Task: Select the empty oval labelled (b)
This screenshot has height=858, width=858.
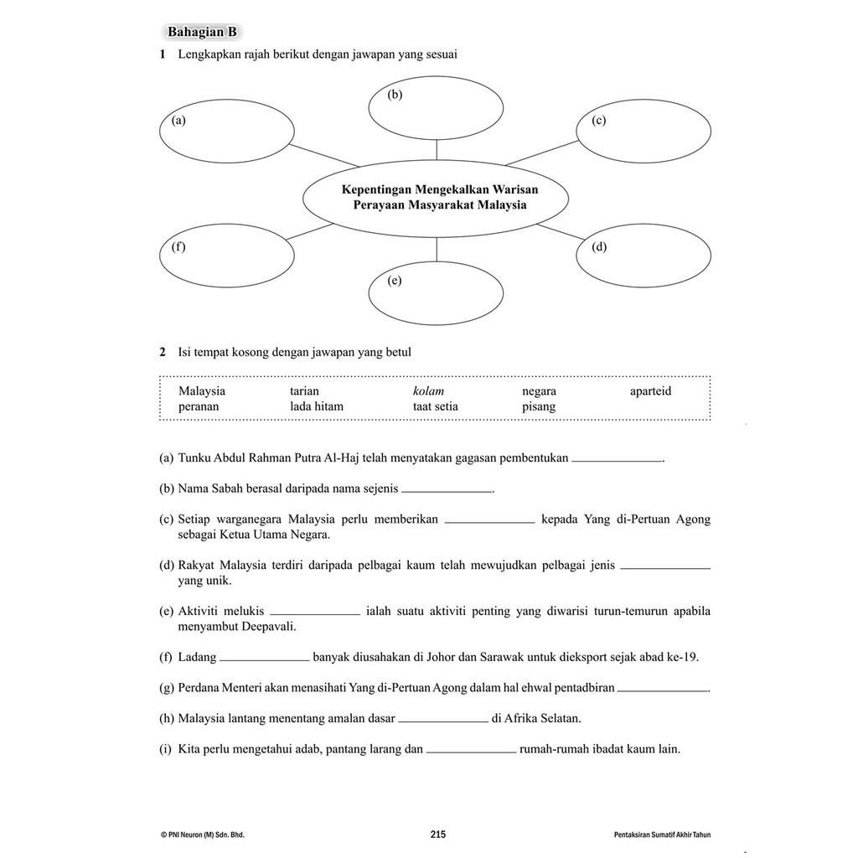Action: pyautogui.click(x=436, y=109)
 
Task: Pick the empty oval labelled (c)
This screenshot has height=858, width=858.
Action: pyautogui.click(x=643, y=136)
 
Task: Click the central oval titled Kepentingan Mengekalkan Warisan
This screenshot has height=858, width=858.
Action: pyautogui.click(x=435, y=198)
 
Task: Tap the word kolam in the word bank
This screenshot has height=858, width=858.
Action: pyautogui.click(x=428, y=391)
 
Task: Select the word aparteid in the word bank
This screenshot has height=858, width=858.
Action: pyautogui.click(x=650, y=391)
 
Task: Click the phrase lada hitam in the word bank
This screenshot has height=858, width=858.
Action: pyautogui.click(x=317, y=406)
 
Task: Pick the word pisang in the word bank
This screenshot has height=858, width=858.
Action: pyautogui.click(x=539, y=406)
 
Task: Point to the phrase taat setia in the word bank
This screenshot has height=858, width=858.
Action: pyautogui.click(x=436, y=406)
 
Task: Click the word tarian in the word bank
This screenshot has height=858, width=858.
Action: pyautogui.click(x=304, y=391)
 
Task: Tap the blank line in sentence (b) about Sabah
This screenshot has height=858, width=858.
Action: pyautogui.click(x=447, y=489)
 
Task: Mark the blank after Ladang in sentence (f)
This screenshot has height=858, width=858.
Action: pyautogui.click(x=264, y=658)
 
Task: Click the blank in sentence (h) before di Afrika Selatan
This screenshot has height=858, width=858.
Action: pyautogui.click(x=443, y=719)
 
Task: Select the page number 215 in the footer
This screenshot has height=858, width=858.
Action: pyautogui.click(x=437, y=834)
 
